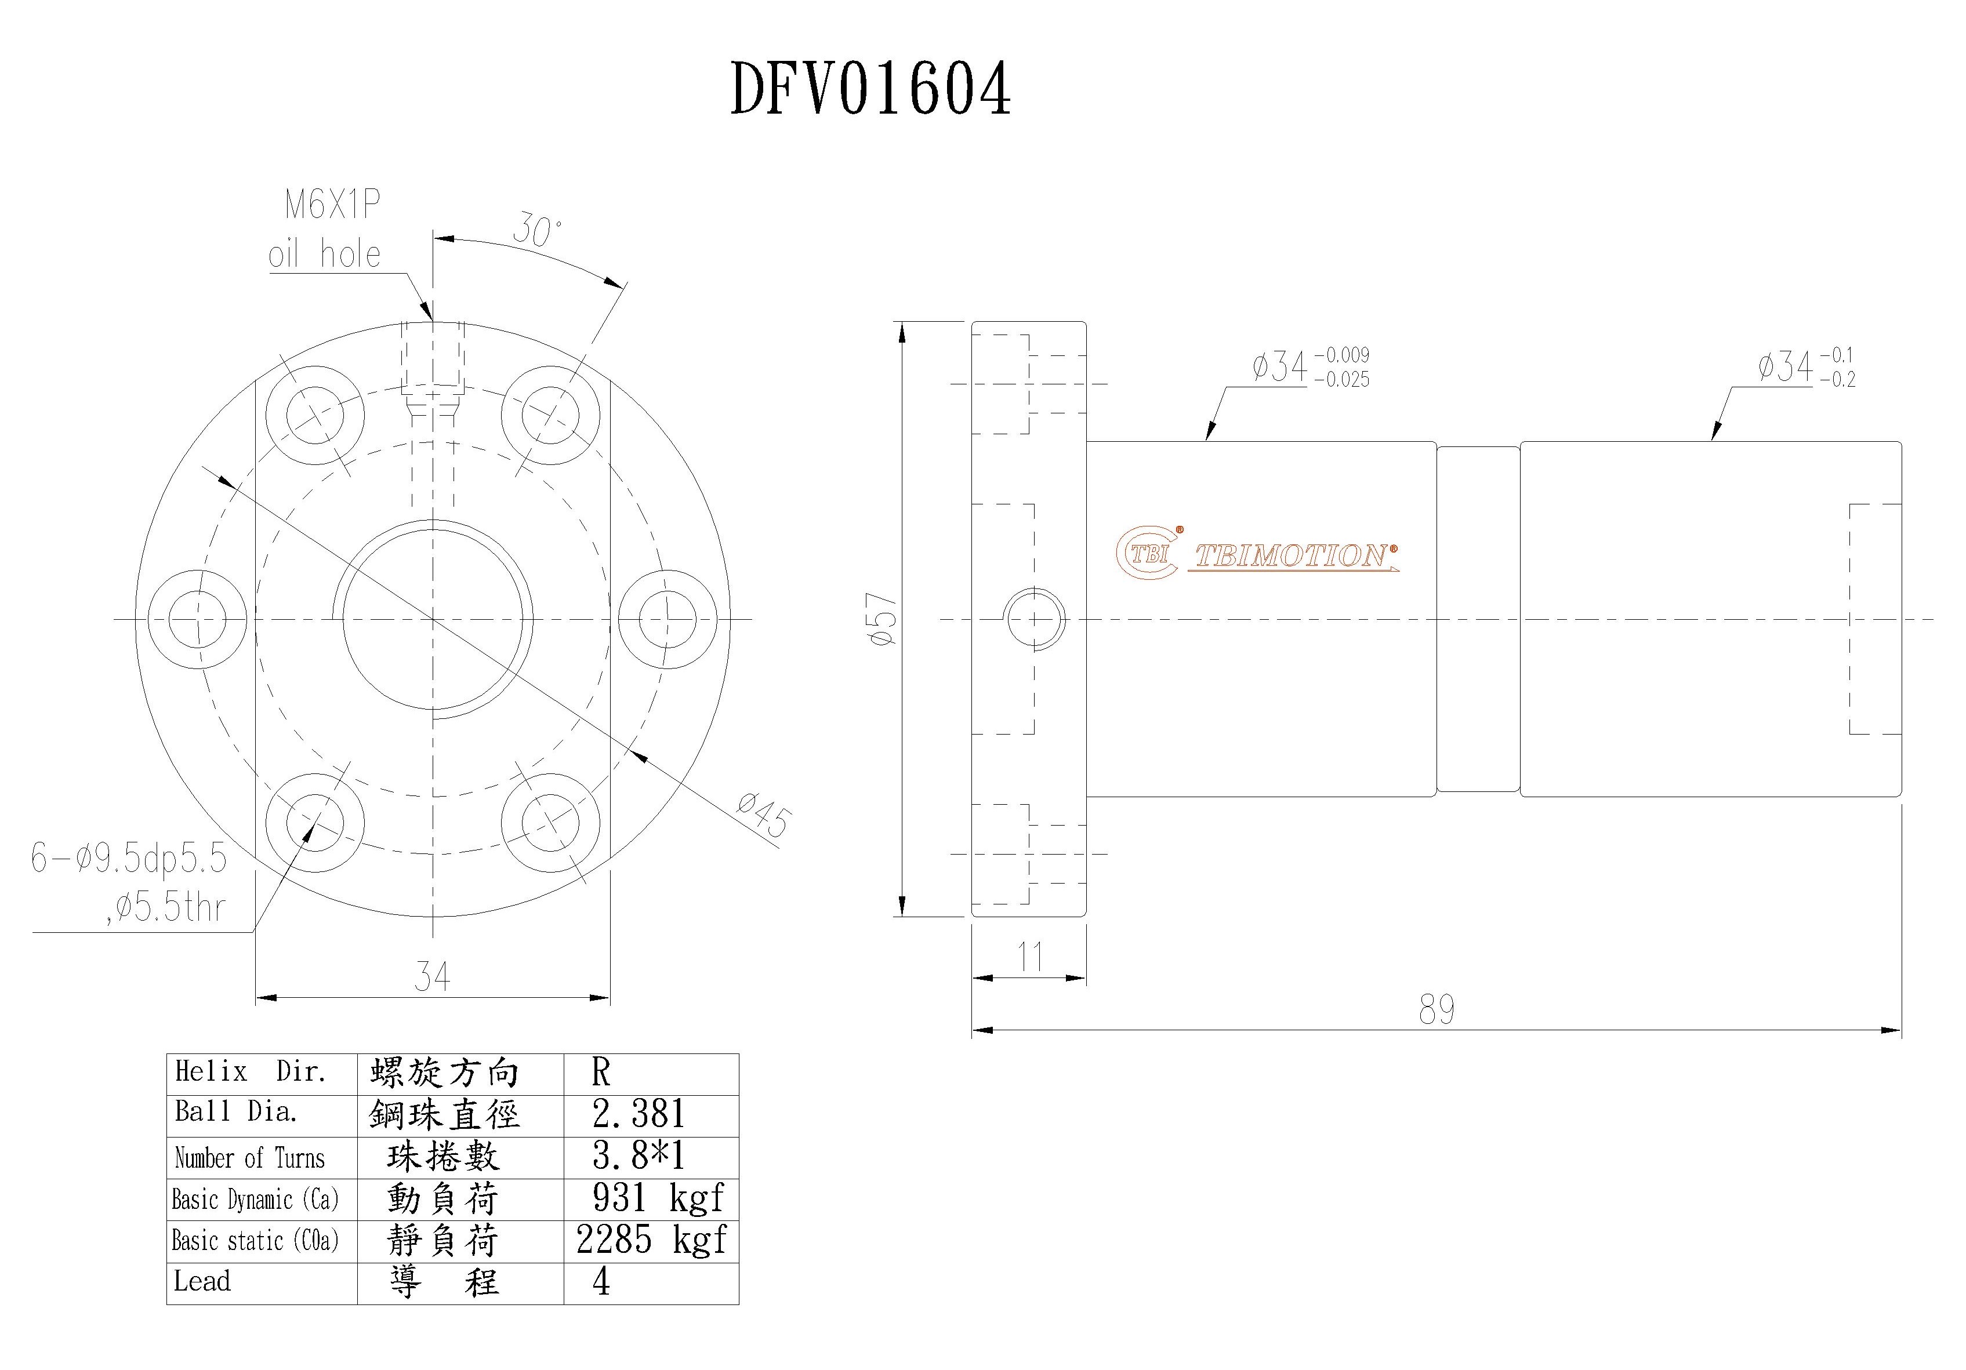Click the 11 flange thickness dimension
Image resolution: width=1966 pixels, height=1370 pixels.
pyautogui.click(x=1030, y=957)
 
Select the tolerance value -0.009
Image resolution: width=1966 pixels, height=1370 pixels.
pyautogui.click(x=1342, y=354)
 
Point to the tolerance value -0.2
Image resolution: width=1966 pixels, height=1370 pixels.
pyautogui.click(x=1838, y=379)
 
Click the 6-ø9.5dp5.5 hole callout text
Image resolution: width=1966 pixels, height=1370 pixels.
pyautogui.click(x=128, y=857)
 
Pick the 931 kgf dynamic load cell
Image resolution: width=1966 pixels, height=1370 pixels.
pyautogui.click(x=658, y=1198)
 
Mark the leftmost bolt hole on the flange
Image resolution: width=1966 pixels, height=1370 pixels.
pyautogui.click(x=197, y=618)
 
